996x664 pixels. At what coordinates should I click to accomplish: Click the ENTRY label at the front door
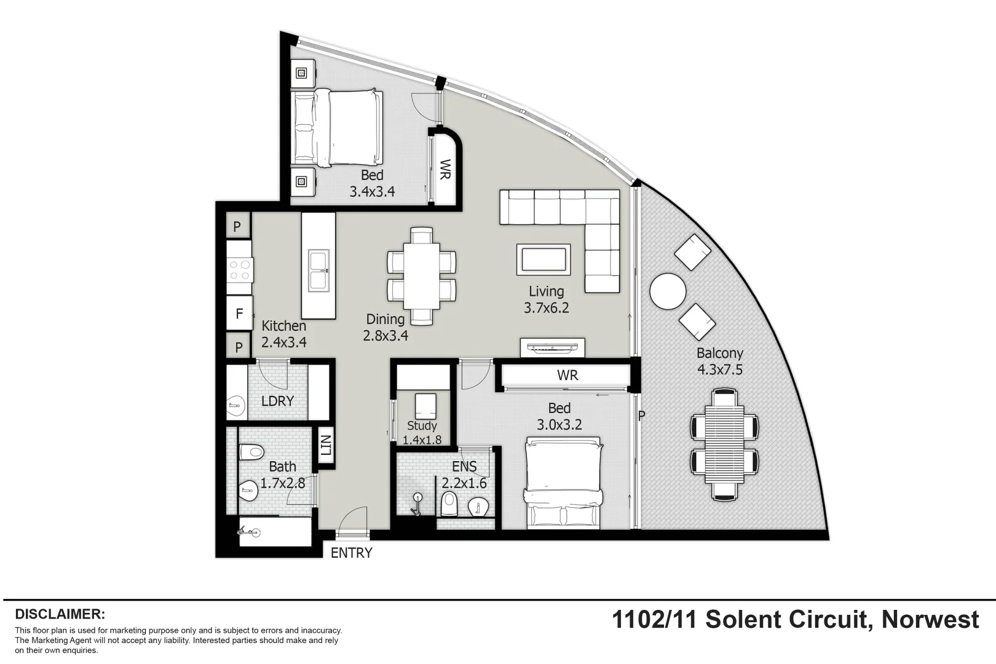(351, 553)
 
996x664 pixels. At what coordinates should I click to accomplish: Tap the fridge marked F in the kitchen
(239, 314)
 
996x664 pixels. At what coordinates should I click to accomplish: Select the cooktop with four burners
(239, 269)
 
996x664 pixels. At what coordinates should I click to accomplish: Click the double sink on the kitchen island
(318, 270)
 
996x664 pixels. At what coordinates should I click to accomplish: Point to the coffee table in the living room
(543, 259)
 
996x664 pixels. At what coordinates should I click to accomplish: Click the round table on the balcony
(668, 291)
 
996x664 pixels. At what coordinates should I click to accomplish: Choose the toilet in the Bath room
(251, 453)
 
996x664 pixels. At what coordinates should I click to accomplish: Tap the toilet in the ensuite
(449, 504)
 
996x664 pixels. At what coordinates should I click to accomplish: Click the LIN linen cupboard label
(325, 445)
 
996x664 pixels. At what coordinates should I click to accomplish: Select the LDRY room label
(277, 401)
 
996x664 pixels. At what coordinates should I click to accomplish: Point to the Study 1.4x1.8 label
(422, 432)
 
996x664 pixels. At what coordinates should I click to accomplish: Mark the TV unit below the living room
(552, 347)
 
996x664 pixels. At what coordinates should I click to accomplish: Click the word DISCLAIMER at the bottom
(60, 614)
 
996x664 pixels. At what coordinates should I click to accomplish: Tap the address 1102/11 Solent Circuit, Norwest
(795, 619)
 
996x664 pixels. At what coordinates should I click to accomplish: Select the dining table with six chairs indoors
(422, 276)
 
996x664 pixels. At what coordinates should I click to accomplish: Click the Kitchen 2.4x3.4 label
(283, 334)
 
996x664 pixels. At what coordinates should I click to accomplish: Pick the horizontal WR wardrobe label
(567, 375)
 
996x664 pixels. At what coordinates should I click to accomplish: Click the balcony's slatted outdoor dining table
(724, 443)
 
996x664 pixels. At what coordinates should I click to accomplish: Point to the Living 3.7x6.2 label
(546, 299)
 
